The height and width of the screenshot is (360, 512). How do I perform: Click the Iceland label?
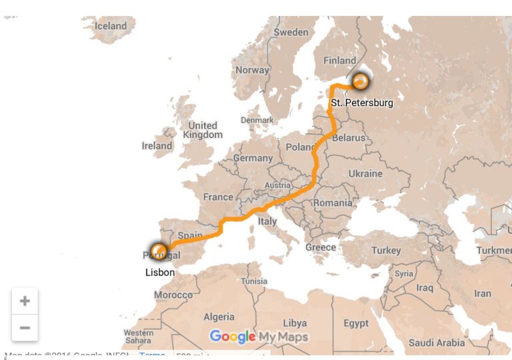coord(111,26)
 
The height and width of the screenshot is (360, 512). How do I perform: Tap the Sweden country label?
coord(291,32)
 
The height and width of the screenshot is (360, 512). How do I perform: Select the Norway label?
coord(252,69)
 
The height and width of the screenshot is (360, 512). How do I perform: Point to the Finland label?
coord(340,60)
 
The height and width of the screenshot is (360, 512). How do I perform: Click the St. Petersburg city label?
coord(362,103)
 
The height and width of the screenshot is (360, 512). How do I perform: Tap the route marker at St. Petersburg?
coord(360,81)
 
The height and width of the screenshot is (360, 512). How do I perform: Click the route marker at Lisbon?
coord(159,251)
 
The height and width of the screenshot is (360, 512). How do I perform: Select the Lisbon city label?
coord(160,272)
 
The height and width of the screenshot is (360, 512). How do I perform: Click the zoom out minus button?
coord(25,328)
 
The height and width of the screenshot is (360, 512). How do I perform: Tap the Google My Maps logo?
coord(259,336)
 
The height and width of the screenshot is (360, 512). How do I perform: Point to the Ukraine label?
coord(366,173)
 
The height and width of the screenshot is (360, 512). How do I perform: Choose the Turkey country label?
coord(386,251)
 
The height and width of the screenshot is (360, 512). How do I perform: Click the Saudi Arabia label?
coord(437,343)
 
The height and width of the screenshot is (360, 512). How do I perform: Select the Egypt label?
coord(356,323)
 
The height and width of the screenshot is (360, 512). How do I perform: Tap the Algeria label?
coord(219,317)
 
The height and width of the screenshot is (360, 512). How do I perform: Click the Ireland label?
coord(157,145)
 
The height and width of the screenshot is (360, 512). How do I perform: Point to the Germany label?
coord(253,158)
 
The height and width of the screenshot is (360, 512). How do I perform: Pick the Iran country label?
coord(482,293)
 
